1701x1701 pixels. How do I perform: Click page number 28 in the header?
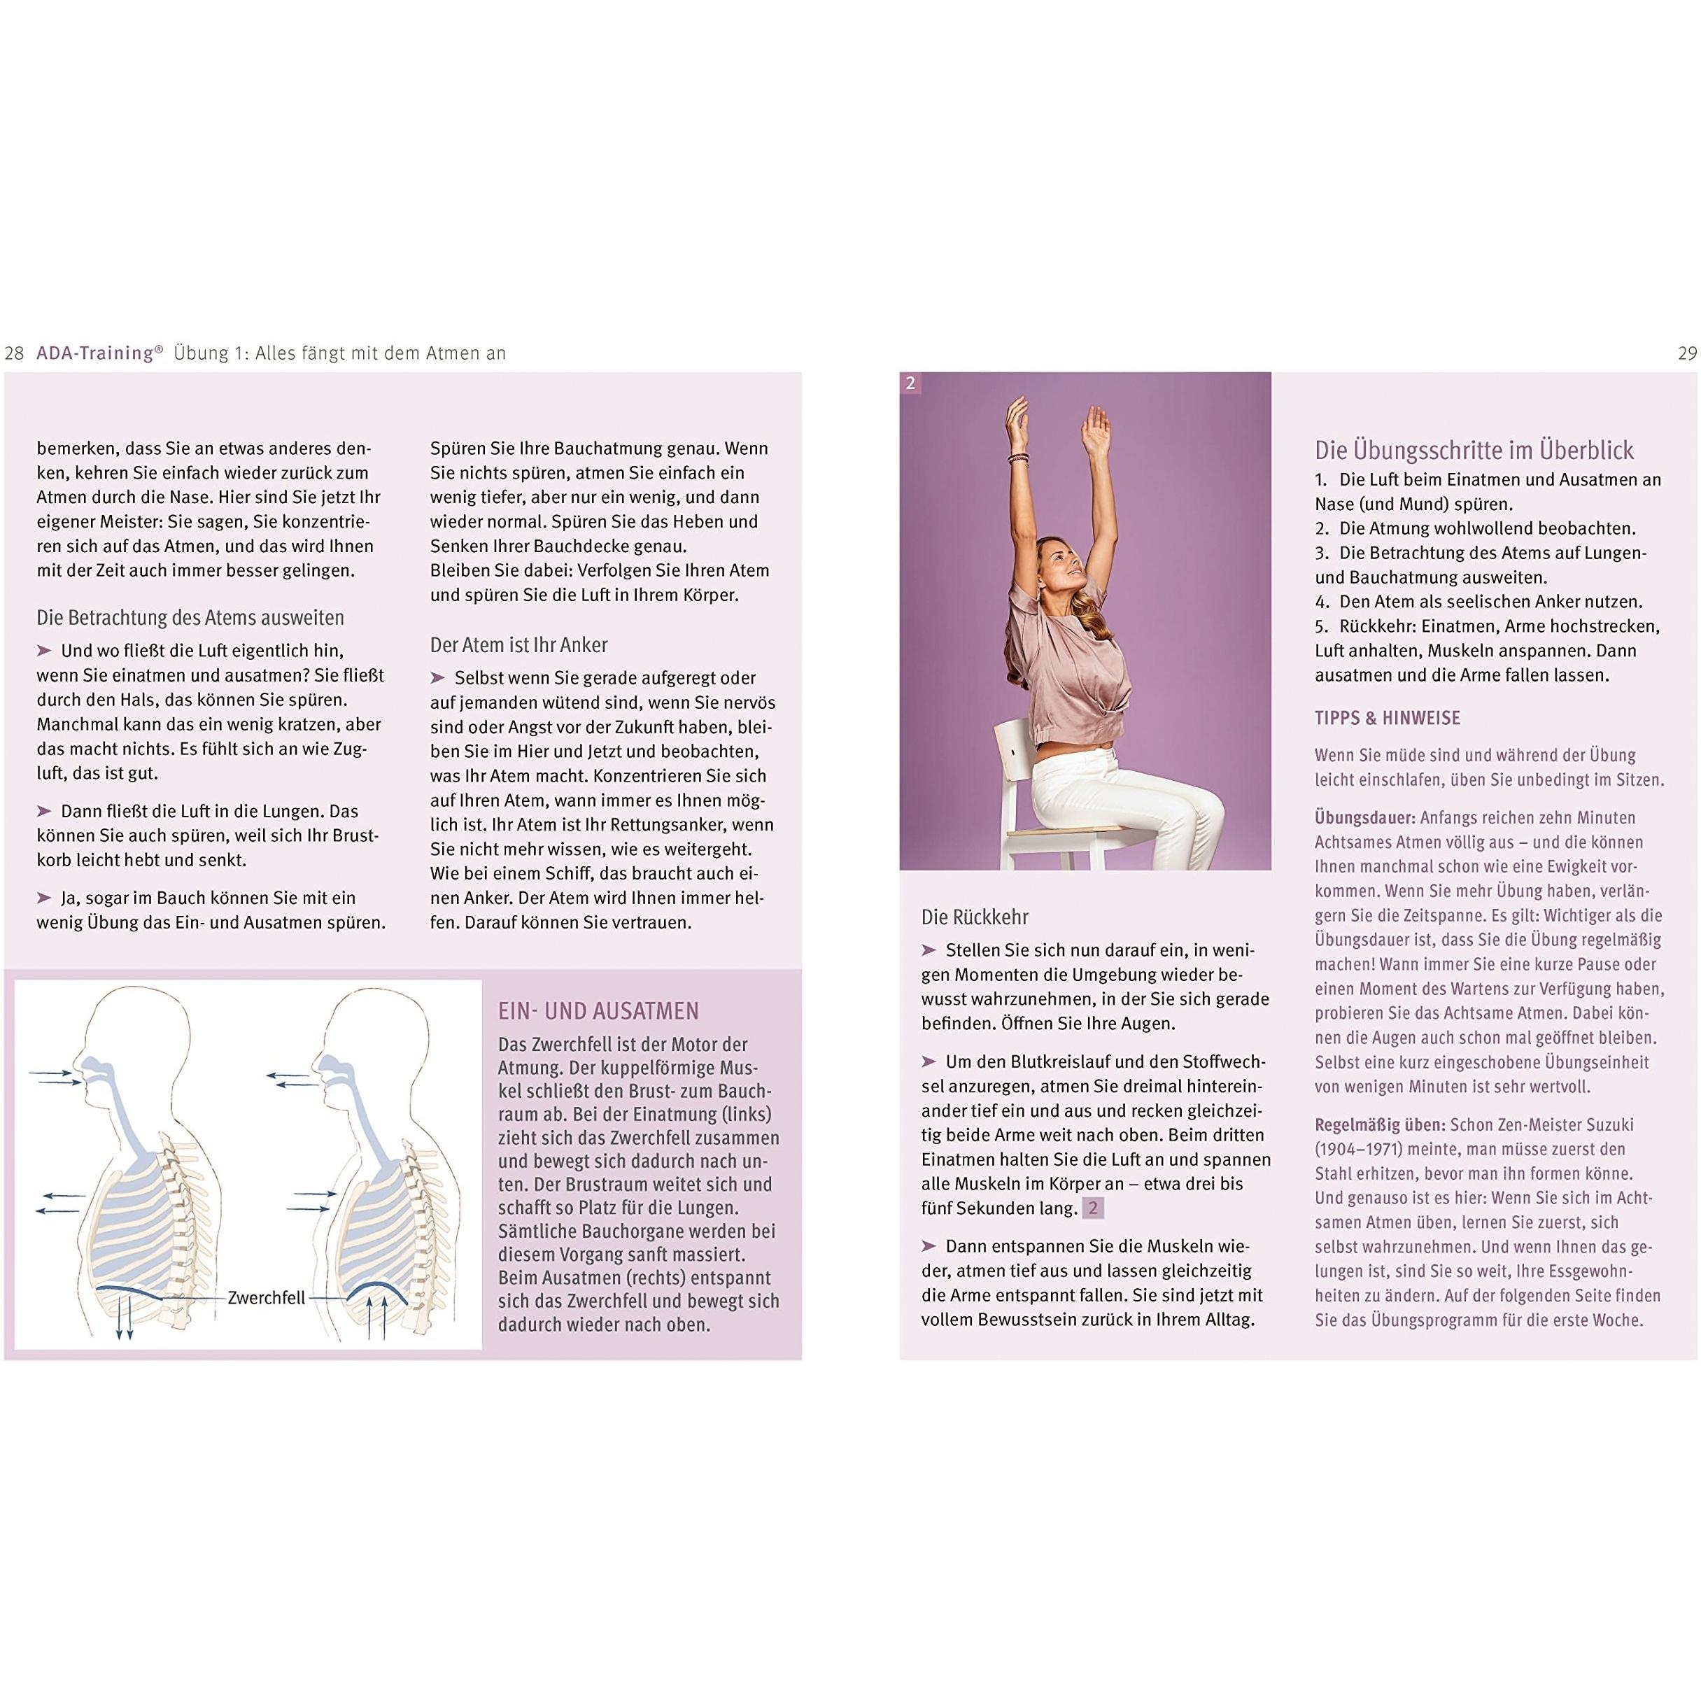(x=14, y=354)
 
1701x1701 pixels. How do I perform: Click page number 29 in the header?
(x=1687, y=354)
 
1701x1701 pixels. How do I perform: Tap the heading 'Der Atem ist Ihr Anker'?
(x=518, y=645)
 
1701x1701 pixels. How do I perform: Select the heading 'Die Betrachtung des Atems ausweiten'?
(x=190, y=618)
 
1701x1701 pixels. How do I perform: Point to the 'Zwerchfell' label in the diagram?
(x=266, y=1298)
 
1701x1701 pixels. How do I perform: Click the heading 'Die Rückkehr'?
(x=975, y=917)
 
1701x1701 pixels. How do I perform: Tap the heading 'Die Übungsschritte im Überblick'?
(x=1474, y=451)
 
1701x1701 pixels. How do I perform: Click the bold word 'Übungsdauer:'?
(x=1364, y=817)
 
